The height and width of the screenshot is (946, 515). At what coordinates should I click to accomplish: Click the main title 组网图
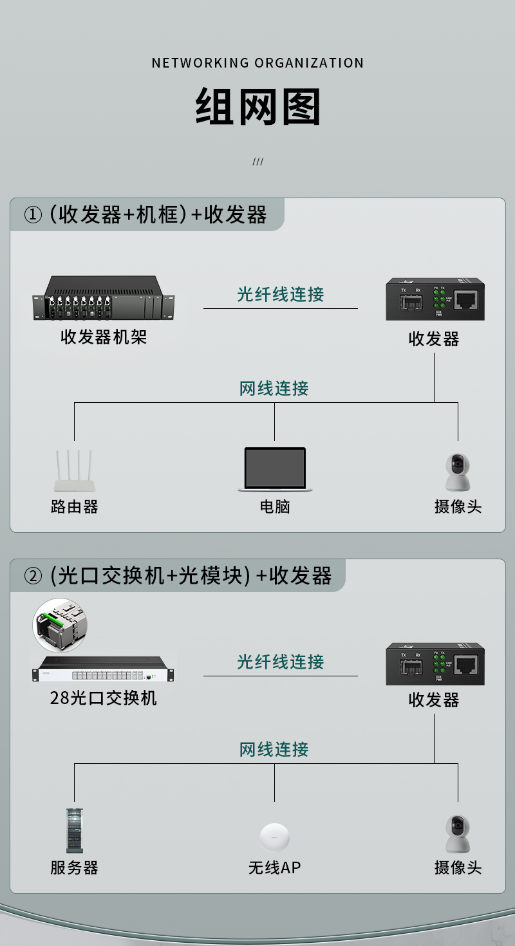coord(257,106)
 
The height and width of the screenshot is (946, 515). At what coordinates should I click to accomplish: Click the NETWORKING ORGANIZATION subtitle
coord(257,63)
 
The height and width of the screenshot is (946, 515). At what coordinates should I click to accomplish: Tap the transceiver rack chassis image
coord(104,298)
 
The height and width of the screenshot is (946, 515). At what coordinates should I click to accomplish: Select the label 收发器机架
coord(104,337)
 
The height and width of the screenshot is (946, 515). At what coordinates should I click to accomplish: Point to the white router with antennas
coord(75,470)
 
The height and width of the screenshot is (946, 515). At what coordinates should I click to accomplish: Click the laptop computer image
coord(275,469)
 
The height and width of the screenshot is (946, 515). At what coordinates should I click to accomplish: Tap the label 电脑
coord(275,506)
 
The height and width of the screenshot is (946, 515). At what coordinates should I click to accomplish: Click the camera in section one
coord(458,472)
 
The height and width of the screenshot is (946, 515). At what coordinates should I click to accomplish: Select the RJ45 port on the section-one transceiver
coord(466,300)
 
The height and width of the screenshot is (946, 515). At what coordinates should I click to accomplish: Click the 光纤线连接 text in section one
coord(281,294)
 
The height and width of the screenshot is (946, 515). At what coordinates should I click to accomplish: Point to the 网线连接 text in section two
coord(274,749)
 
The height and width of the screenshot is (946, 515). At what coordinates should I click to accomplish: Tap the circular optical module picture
coord(60,625)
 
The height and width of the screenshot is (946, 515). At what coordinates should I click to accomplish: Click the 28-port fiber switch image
coord(104,669)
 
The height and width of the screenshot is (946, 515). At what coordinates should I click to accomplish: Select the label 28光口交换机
coord(104,698)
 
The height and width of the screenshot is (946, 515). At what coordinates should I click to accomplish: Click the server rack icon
coord(75,831)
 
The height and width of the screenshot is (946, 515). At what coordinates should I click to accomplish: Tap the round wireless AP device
coord(275,837)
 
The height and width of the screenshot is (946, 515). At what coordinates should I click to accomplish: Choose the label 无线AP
coord(275,868)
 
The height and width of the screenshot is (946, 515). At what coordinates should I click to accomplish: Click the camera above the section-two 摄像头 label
coord(458,833)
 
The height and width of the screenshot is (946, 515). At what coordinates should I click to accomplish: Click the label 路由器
coord(75,506)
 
